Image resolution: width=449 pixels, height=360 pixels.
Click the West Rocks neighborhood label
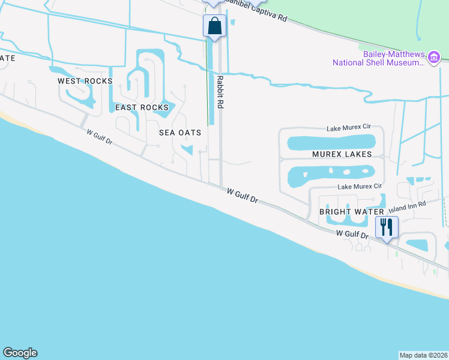(x=85, y=81)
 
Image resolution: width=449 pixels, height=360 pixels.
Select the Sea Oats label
(x=179, y=133)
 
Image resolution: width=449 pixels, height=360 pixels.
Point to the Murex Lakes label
(x=342, y=154)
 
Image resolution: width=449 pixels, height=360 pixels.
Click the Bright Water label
(x=351, y=212)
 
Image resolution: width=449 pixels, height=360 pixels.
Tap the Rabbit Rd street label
(x=220, y=92)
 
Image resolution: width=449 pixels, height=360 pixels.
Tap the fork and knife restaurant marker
(x=387, y=227)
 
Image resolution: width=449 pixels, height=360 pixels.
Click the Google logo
(x=20, y=353)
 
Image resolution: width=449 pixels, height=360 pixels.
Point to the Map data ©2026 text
(x=424, y=355)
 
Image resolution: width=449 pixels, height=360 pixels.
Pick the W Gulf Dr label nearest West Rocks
(x=99, y=137)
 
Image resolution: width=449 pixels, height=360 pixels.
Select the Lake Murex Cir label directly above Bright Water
(x=360, y=187)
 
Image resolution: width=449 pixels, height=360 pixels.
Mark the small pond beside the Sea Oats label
(x=187, y=150)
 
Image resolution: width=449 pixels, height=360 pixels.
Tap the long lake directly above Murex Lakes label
(x=331, y=142)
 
